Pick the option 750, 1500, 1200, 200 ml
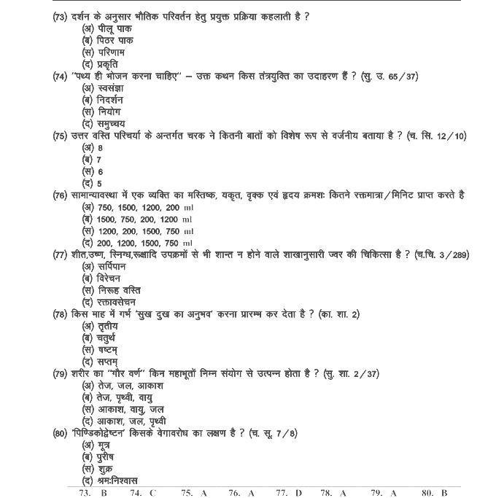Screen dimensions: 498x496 pyautogui.click(x=137, y=207)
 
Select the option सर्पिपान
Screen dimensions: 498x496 pyautogui.click(x=105, y=266)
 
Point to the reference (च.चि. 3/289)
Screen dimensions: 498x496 pyautogui.click(x=441, y=254)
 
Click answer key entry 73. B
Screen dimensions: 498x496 pyautogui.click(x=93, y=493)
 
